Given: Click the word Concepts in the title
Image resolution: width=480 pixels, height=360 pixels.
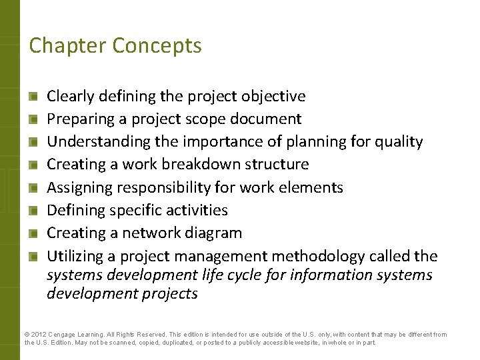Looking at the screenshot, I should (157, 45).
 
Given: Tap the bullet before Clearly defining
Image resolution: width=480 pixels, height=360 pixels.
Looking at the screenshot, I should (33, 97).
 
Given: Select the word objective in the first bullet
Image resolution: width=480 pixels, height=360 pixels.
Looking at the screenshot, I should (275, 96).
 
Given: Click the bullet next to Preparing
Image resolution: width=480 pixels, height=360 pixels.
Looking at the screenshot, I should (33, 119).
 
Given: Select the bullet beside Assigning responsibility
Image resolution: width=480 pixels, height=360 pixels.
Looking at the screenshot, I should (33, 188).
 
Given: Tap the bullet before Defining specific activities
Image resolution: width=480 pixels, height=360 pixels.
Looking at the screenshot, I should (33, 211).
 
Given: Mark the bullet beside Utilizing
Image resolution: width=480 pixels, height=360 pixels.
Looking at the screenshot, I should (33, 256).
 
